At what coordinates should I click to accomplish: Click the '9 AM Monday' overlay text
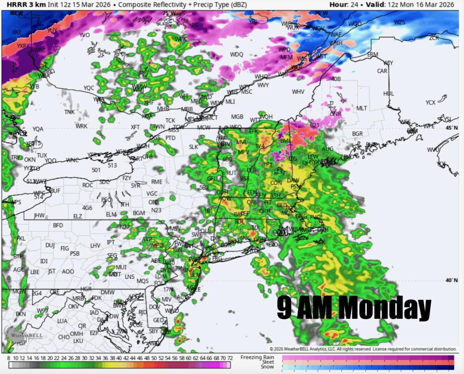point(354,308)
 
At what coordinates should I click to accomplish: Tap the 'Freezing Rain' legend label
point(257,357)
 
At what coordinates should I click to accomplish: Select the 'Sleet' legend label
point(268,362)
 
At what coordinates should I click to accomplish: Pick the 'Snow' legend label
point(267,367)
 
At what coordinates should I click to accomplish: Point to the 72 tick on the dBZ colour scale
point(230,358)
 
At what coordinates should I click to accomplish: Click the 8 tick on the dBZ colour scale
point(9,358)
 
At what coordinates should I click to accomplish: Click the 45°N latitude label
point(451,128)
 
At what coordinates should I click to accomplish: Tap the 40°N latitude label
point(451,280)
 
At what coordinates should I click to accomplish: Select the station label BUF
point(55,191)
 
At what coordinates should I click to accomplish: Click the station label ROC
point(87,185)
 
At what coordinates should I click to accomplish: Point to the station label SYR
point(135,185)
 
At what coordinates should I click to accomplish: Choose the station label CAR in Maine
point(382,71)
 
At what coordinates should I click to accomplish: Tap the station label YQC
point(89,88)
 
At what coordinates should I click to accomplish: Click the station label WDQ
point(237,54)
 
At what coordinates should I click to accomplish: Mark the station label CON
point(276,183)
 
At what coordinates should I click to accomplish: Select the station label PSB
point(75,253)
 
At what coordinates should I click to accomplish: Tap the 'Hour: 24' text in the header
point(343,5)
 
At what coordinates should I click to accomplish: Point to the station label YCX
point(430,102)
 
